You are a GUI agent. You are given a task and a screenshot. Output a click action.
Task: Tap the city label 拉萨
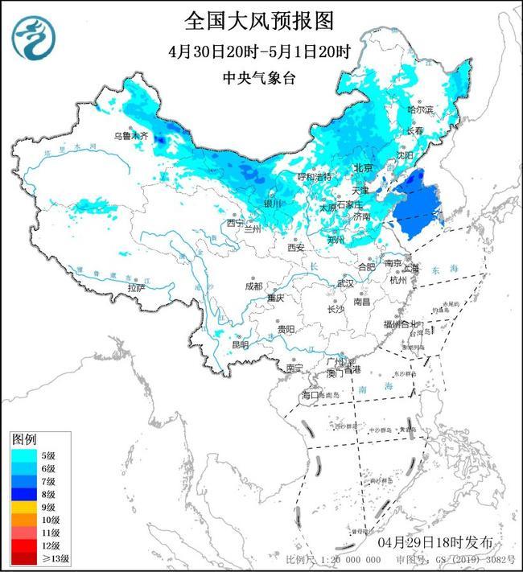137,287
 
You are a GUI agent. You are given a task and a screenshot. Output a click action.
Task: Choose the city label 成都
253,286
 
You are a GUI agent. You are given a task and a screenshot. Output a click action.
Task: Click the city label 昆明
240,344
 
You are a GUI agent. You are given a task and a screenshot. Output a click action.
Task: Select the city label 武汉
345,283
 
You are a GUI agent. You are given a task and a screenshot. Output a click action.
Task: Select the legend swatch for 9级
25,507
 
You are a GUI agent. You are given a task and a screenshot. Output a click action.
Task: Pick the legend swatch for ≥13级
25,558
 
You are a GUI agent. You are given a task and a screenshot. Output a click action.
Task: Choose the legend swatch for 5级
25,455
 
